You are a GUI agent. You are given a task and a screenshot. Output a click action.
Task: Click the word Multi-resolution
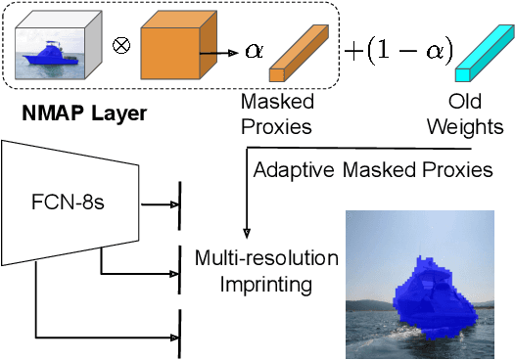(x=266, y=258)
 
